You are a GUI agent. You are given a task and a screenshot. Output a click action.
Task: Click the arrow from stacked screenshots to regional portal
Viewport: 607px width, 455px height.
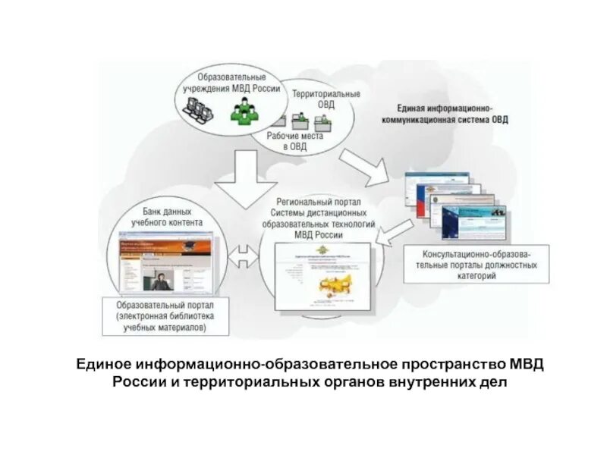pyautogui.click(x=395, y=234)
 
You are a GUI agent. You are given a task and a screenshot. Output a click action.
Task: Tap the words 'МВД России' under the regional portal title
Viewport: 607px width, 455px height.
pyautogui.click(x=319, y=235)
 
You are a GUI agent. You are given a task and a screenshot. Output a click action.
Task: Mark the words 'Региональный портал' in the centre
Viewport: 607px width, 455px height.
pyautogui.click(x=319, y=203)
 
